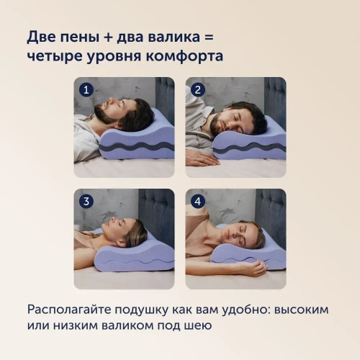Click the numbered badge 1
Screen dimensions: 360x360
coord(86,90)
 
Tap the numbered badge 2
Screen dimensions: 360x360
coord(198,90)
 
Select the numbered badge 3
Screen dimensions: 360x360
coord(86,201)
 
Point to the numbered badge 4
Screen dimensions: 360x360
coord(198,201)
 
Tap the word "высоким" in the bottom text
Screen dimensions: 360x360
coord(301,310)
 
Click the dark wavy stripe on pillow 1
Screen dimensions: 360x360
coord(136,146)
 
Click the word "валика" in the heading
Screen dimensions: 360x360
coord(174,37)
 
